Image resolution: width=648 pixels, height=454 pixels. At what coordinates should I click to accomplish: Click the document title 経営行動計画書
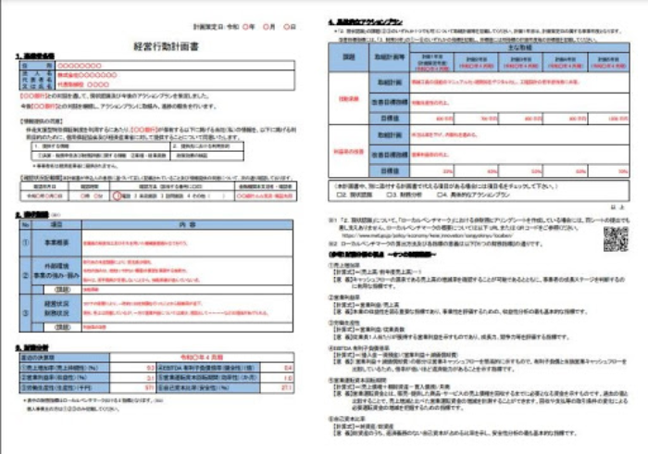(x=168, y=44)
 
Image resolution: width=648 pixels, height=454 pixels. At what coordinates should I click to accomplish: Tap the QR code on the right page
(x=617, y=238)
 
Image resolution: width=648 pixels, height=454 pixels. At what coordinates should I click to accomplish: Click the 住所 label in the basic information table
(x=34, y=88)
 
